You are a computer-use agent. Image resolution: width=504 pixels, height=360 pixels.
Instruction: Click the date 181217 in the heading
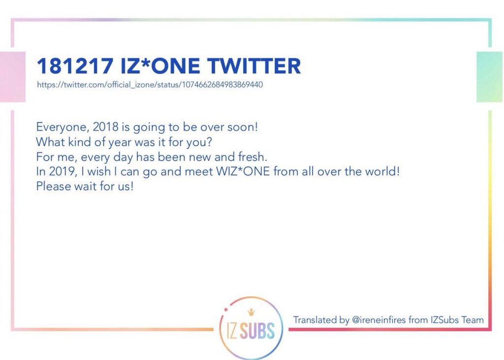pos(75,66)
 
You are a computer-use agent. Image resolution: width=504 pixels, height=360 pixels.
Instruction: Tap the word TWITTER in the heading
pos(254,66)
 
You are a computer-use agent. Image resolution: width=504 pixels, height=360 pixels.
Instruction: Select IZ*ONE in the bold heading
pos(160,66)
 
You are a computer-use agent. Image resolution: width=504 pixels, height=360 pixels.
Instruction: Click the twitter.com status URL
pos(150,85)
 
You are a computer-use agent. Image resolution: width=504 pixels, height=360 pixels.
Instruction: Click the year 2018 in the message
pos(105,127)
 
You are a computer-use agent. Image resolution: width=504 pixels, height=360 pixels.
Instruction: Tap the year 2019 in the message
pos(63,171)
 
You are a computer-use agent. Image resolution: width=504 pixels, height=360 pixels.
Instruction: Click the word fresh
pos(252,157)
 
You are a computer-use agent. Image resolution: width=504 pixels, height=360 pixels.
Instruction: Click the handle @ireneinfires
pos(378,320)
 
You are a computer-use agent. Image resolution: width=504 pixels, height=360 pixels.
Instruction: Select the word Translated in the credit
pos(315,320)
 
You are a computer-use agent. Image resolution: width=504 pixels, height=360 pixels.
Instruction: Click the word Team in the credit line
pos(472,320)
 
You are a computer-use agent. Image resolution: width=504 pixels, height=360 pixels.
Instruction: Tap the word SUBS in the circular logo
pos(257,331)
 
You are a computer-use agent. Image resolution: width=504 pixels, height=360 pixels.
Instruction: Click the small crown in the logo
pos(251,312)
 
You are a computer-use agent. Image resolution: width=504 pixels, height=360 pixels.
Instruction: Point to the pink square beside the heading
pos(12,76)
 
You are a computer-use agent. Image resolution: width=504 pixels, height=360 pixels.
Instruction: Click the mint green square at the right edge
pos(489,76)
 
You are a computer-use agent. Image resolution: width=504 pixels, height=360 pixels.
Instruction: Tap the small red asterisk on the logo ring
pos(226,309)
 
